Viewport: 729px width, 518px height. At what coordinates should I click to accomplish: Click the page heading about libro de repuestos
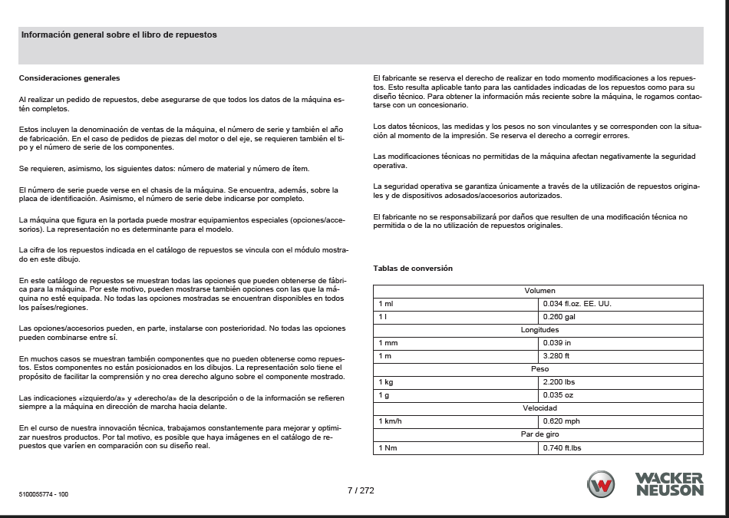click(119, 35)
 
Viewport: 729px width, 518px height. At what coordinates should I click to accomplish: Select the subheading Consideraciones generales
click(69, 78)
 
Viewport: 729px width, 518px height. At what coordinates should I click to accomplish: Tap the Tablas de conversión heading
click(413, 269)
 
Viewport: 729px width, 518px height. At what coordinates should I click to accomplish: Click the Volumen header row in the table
click(539, 291)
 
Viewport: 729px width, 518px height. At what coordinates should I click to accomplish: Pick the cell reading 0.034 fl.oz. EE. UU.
click(577, 303)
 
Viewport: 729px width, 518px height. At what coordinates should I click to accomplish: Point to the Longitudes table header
click(539, 329)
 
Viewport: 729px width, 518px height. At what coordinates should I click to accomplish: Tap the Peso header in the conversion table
click(539, 368)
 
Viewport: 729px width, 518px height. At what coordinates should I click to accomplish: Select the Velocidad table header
click(539, 407)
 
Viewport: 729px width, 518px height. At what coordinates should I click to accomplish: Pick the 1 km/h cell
click(391, 421)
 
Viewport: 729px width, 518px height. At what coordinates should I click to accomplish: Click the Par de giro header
click(539, 434)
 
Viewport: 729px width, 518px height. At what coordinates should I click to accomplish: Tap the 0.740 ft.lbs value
click(562, 447)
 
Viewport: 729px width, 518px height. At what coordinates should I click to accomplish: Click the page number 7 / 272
click(361, 490)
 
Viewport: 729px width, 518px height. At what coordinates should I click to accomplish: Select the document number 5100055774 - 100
click(44, 495)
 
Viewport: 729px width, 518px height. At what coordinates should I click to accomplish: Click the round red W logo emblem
click(601, 485)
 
